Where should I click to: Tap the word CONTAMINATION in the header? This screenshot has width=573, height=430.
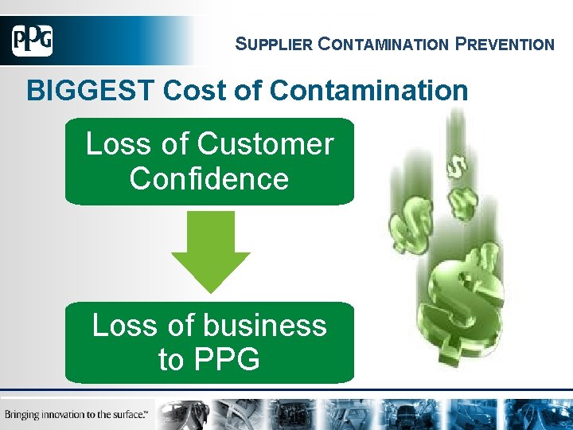(x=384, y=45)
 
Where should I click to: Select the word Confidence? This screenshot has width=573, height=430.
(x=209, y=178)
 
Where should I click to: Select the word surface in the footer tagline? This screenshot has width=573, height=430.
(x=130, y=414)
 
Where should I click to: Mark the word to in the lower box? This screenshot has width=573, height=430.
(x=170, y=360)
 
